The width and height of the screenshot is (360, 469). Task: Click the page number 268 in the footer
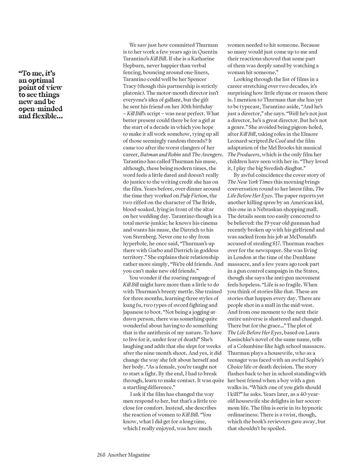click(101, 455)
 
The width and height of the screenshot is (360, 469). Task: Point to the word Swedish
click(282, 168)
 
